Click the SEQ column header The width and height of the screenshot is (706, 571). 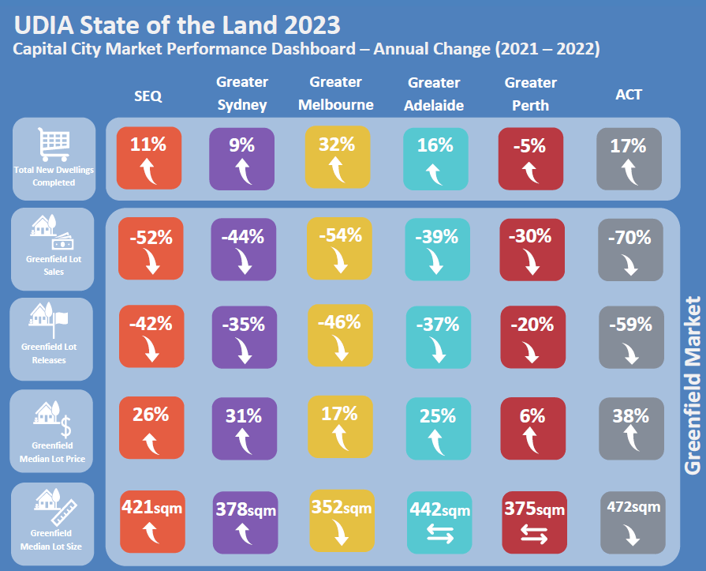[x=148, y=96]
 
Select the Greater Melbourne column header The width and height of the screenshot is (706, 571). [x=336, y=93]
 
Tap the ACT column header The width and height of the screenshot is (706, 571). [x=629, y=95]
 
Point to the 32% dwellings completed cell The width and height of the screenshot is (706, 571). [x=337, y=158]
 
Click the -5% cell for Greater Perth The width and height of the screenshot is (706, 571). [x=531, y=159]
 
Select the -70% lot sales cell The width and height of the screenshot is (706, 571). [x=629, y=250]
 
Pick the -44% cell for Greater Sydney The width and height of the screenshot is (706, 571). [x=244, y=250]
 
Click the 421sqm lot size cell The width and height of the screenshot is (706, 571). [x=150, y=521]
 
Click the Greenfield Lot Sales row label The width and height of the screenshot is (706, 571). [x=54, y=250]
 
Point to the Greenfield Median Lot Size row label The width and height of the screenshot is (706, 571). [x=54, y=522]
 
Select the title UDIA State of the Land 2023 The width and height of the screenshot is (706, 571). [x=177, y=24]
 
